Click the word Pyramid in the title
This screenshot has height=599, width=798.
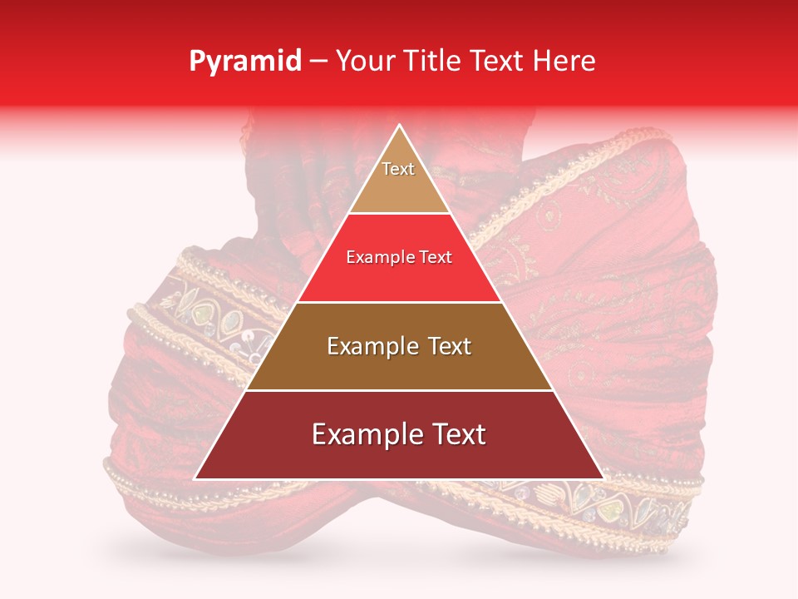coord(245,62)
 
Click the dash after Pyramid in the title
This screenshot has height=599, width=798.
coord(318,62)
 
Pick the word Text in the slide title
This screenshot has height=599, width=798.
coord(497,62)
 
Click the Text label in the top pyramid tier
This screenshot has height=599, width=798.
coord(398,170)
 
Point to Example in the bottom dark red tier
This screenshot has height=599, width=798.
coord(362,435)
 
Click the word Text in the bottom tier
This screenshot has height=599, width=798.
coord(455,435)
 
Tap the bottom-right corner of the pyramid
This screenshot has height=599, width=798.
coord(603,478)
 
